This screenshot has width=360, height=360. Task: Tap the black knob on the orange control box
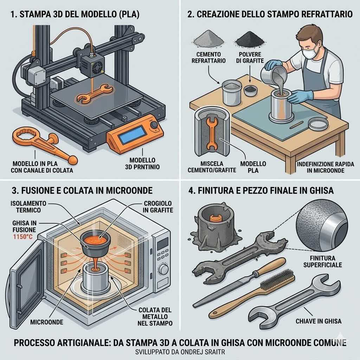[154, 125]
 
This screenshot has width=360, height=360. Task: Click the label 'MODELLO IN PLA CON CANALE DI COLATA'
[42, 167]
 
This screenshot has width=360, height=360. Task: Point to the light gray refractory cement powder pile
[208, 39]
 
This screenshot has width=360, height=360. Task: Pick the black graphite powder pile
[250, 39]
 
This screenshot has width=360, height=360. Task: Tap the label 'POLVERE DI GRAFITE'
[250, 57]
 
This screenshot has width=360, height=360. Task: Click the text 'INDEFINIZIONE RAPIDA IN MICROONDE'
[325, 167]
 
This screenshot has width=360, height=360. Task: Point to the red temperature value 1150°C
[23, 237]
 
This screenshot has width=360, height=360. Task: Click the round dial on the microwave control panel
[163, 269]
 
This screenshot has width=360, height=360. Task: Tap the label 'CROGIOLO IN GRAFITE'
[158, 207]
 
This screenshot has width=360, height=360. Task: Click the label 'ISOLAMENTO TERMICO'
[28, 207]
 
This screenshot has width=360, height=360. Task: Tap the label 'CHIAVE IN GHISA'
[319, 321]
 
